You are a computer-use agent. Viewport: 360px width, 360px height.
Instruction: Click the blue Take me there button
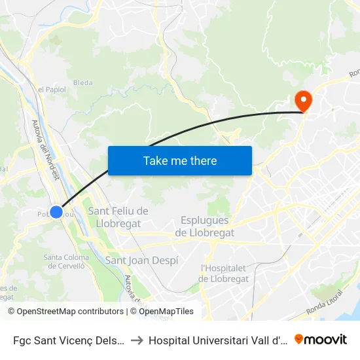point(179,160)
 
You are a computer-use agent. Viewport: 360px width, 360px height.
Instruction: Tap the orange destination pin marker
point(304,100)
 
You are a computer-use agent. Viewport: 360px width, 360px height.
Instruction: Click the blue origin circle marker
point(56,211)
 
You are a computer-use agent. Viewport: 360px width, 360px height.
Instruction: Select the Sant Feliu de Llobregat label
point(118,217)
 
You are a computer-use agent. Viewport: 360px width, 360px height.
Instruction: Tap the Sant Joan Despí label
point(141,260)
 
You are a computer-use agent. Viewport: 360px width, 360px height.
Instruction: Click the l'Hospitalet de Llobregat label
point(225,273)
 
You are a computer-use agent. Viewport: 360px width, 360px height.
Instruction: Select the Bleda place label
point(82,82)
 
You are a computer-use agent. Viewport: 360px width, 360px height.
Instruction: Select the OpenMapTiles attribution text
point(166,312)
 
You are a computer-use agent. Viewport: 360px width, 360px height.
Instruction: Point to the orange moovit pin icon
point(299,339)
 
